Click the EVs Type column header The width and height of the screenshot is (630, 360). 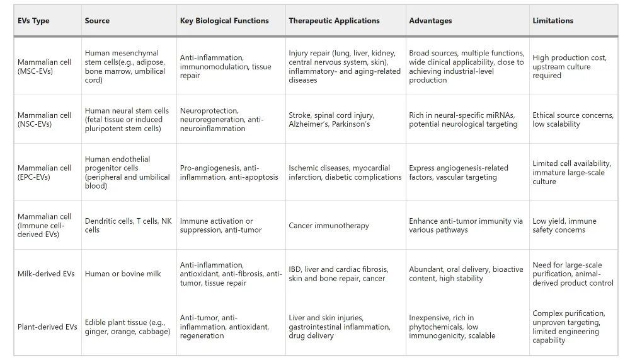(33, 21)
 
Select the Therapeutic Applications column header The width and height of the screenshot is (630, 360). (334, 21)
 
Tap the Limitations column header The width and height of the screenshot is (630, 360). (553, 21)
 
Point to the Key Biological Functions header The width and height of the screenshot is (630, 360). (224, 21)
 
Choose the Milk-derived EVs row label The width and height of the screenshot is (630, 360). (46, 274)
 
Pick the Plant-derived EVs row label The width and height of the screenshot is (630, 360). (47, 327)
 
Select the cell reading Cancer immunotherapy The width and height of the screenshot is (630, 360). (329, 226)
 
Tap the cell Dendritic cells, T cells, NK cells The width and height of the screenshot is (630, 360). (128, 226)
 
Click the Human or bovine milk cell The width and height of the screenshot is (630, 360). (123, 274)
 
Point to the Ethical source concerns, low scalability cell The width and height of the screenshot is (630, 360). (573, 120)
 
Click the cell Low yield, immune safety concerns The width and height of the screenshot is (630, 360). (564, 226)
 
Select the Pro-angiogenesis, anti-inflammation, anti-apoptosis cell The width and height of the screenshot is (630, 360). (229, 173)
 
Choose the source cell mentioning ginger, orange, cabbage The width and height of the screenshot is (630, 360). (127, 327)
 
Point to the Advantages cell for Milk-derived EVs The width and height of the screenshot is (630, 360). (466, 274)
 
